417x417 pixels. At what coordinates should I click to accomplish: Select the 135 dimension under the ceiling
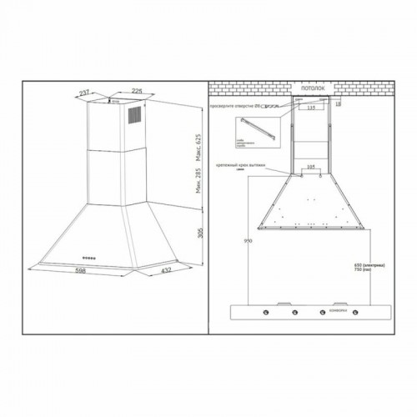tap(310, 108)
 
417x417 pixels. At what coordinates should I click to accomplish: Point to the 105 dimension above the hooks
tap(309, 167)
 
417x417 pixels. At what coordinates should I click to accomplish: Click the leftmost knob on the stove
tap(265, 314)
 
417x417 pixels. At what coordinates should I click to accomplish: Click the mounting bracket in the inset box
tap(254, 130)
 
